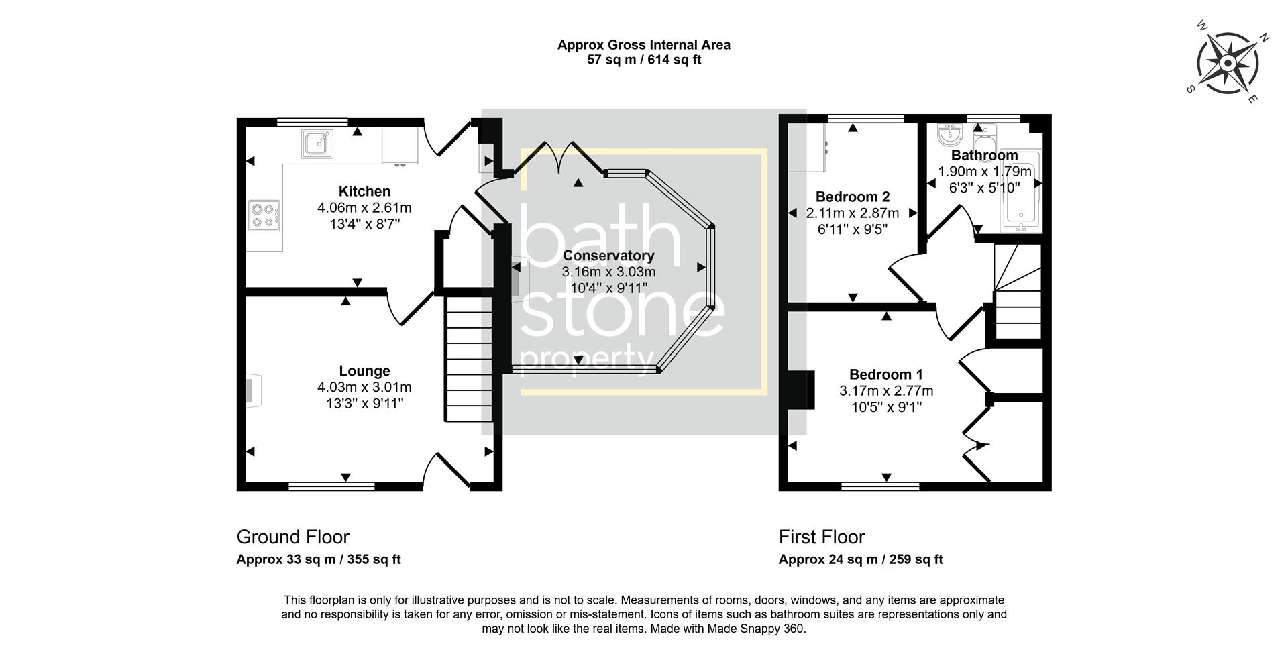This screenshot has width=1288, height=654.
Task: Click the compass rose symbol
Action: [1227, 64]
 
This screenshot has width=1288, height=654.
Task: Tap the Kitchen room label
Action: [364, 191]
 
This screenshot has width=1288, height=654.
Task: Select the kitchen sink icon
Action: [317, 144]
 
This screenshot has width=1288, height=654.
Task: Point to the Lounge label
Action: [364, 371]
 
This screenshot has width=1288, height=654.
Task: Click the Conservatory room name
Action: [608, 256]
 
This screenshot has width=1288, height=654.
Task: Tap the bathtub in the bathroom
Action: [1020, 192]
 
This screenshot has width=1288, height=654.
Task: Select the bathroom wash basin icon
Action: [949, 137]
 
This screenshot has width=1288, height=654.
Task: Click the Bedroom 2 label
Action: [852, 197]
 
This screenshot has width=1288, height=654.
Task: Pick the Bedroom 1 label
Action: [885, 374]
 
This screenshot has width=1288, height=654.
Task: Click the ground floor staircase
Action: [469, 359]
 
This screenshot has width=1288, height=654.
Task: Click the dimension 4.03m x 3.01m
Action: [364, 387]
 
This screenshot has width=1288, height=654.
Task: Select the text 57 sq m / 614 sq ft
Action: [644, 60]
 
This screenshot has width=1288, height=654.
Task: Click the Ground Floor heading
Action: [292, 537]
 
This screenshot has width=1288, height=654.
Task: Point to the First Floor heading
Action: [821, 537]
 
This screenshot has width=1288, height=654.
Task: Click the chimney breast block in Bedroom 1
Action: [800, 390]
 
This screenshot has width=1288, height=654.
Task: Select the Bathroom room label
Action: [984, 155]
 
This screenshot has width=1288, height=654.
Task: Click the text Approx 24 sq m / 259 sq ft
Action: [860, 559]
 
